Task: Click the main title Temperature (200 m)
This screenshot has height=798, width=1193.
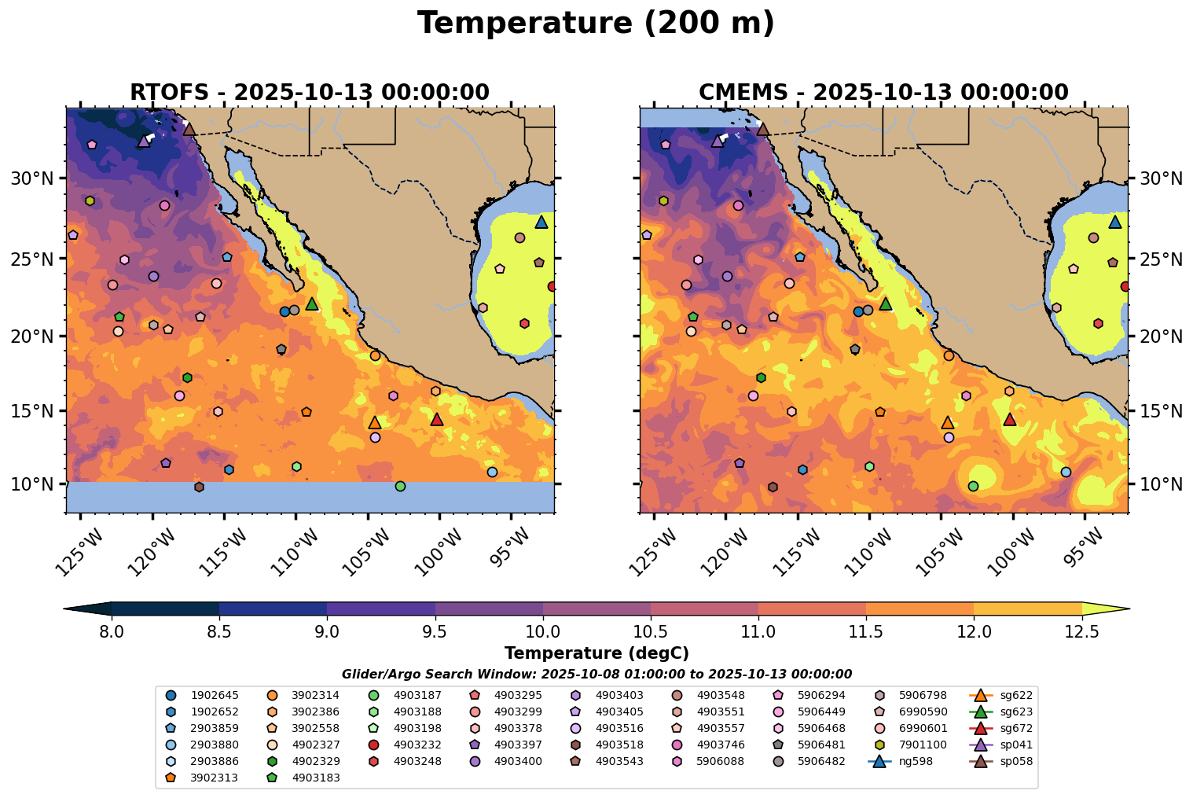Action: (596, 24)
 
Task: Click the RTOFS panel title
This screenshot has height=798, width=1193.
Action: (310, 92)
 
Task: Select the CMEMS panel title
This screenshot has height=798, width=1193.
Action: (883, 92)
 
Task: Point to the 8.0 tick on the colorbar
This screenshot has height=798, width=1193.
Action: (112, 631)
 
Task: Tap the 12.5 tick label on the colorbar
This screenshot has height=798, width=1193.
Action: (1081, 631)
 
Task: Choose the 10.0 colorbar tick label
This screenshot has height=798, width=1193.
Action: (542, 631)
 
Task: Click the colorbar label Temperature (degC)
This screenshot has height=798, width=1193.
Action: (596, 653)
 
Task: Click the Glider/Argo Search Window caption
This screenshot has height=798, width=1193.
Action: (596, 674)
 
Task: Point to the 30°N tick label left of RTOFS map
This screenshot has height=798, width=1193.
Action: (31, 178)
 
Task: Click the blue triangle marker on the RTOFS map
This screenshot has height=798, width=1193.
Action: (541, 222)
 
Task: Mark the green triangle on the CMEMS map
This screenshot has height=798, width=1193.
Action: (886, 303)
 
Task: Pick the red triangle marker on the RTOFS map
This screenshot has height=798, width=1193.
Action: (437, 419)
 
